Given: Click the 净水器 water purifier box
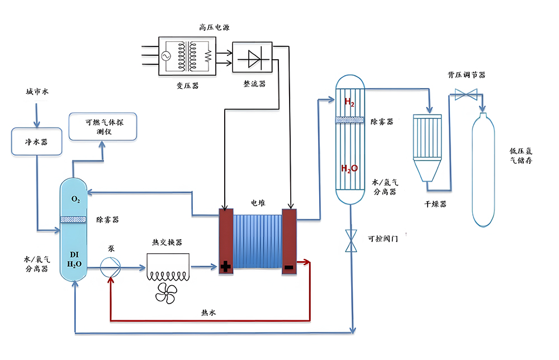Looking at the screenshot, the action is coord(37,141).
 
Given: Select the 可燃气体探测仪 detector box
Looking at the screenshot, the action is coord(103,126).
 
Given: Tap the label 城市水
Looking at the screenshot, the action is coord(37,92).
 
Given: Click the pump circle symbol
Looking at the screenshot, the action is coord(110,267).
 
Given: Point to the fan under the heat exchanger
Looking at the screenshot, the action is coord(166,293).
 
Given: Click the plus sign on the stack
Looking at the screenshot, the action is coord(225,266).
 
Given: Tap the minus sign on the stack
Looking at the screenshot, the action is coord(289,267).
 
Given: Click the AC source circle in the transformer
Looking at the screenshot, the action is coord(166,56).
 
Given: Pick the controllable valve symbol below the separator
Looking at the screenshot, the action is coord(351,241).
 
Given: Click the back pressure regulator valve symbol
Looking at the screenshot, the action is coord(466,94).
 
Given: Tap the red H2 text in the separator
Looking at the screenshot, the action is coord(349,102).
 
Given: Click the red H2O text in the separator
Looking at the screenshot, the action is coord(349,168).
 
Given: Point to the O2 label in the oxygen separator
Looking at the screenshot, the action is coord(75,199).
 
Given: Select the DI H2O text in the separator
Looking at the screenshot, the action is coord(74,259).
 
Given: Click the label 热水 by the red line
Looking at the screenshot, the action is coord(209,312).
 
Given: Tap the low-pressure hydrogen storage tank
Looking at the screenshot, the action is coord(483,170).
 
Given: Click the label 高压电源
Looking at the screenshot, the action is coord(214,27).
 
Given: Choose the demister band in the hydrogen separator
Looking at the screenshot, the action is coord(350,120).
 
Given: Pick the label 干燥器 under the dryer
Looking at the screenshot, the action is coord(435,204).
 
